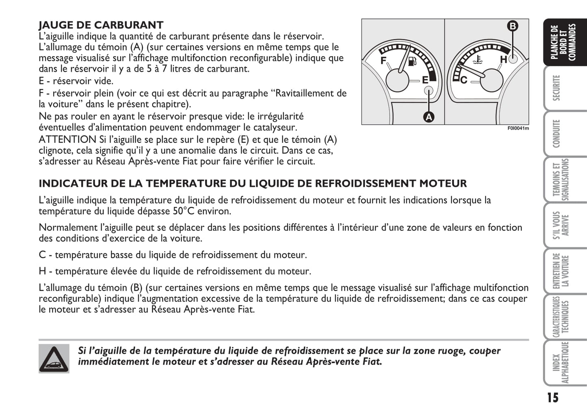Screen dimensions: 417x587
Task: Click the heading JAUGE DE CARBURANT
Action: click(101, 25)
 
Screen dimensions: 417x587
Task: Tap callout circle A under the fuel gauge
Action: click(429, 117)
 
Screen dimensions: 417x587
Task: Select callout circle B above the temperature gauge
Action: click(513, 26)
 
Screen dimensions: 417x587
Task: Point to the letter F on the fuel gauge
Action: click(383, 61)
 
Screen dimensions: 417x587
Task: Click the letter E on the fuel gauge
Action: click(425, 80)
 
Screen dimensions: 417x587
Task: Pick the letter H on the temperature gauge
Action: click(503, 60)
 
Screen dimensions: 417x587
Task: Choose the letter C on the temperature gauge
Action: click(464, 80)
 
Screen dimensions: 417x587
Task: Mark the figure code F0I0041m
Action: click(518, 128)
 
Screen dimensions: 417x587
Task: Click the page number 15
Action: click(552, 397)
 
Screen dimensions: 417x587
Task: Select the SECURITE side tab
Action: click(557, 88)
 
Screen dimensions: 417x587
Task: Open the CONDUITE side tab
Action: click(557, 133)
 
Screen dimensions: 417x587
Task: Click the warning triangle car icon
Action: click(54, 358)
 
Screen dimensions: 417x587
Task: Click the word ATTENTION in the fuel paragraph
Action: click(67, 140)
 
